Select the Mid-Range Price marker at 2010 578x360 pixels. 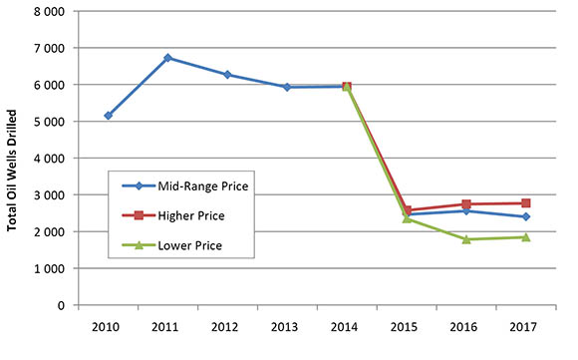108,116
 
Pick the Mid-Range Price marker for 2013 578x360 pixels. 287,87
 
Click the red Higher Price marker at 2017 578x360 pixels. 525,203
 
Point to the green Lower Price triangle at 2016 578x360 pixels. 465,239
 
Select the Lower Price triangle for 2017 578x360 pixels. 525,237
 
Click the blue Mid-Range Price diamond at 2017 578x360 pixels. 525,216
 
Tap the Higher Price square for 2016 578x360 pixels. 465,204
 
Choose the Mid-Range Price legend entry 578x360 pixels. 189,185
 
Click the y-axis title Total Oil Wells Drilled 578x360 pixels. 14,158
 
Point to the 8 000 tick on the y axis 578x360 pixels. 50,11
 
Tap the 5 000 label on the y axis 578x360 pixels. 50,122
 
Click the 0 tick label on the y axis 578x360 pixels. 62,305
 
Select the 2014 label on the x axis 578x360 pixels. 346,325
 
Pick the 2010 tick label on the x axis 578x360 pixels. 108,325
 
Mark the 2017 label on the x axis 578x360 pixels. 525,325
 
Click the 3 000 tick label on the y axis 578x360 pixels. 50,195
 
